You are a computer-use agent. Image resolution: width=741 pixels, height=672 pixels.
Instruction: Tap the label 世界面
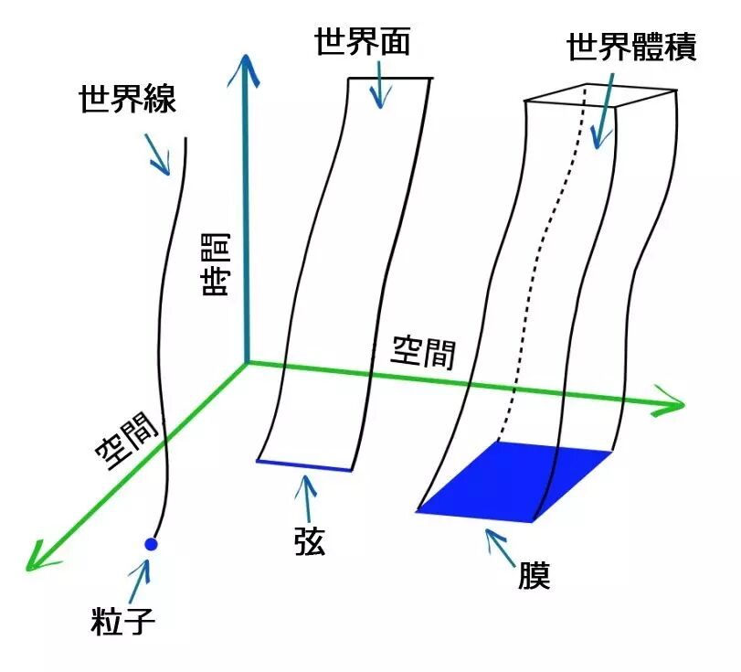click(362, 41)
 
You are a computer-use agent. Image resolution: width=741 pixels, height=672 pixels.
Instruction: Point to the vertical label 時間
click(217, 264)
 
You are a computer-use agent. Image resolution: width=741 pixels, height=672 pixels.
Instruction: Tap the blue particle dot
click(152, 545)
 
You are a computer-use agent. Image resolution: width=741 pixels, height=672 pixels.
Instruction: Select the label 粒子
click(124, 621)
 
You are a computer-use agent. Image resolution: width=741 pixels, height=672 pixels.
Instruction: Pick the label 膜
click(532, 575)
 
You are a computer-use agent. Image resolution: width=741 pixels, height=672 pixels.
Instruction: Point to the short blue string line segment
click(304, 466)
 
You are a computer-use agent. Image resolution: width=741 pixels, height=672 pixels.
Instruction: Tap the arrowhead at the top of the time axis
click(244, 66)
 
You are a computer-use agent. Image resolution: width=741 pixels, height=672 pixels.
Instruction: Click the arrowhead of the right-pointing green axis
click(671, 403)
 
